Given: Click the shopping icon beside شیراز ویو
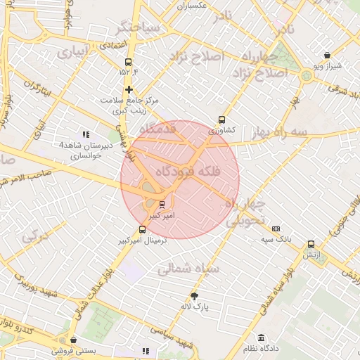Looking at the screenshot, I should click(327, 55).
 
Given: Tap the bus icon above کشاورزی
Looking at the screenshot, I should click(222, 120).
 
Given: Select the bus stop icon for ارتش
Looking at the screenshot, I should click(311, 245).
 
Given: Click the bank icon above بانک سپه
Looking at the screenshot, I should click(276, 229).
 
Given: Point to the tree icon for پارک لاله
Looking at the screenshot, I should click(195, 296).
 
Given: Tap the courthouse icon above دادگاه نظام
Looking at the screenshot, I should click(261, 338).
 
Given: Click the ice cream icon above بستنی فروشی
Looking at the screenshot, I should click(75, 338).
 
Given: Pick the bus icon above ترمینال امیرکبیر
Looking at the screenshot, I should click(143, 229).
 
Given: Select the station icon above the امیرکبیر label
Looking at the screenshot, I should click(163, 205).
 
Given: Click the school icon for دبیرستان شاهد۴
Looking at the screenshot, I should click(86, 134).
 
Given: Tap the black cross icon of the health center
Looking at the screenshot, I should click(129, 89).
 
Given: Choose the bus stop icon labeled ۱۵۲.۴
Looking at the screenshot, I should click(128, 61).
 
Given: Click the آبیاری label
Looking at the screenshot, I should click(73, 52).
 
